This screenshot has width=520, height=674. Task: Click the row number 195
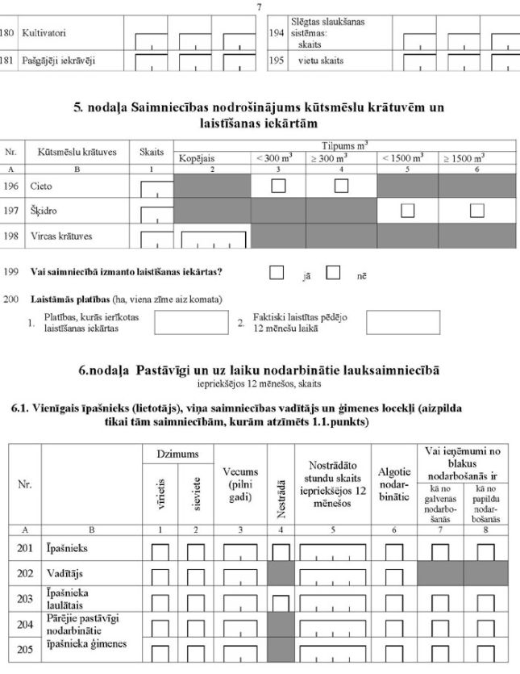pyautogui.click(x=277, y=61)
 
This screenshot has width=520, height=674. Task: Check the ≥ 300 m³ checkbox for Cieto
pyautogui.click(x=341, y=186)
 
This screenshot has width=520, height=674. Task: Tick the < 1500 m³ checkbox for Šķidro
pyautogui.click(x=407, y=211)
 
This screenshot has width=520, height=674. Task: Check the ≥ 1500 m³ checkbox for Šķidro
pyautogui.click(x=476, y=211)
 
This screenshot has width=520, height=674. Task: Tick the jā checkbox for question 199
pyautogui.click(x=277, y=273)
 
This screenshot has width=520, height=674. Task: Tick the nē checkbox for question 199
pyautogui.click(x=333, y=273)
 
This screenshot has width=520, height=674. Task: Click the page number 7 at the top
pyautogui.click(x=260, y=6)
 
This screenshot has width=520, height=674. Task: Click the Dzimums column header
pyautogui.click(x=177, y=456)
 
